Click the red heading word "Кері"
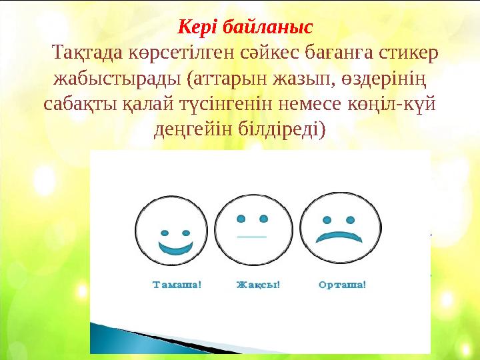(198, 28)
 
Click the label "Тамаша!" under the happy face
(177, 285)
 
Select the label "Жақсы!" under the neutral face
(259, 285)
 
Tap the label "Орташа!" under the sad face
(342, 285)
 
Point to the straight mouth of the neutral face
(252, 237)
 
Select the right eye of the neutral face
(264, 218)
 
